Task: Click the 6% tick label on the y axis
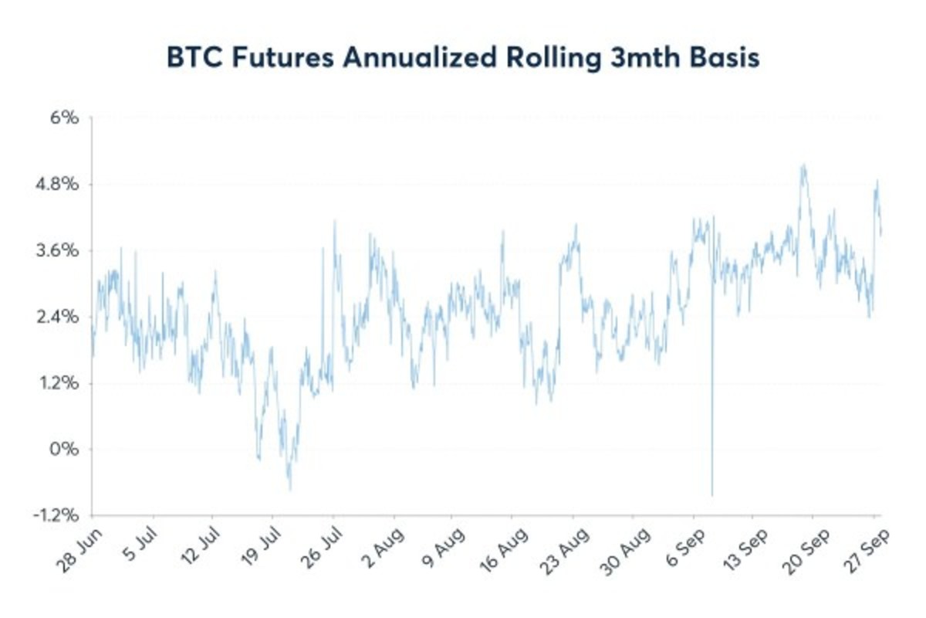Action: [x=65, y=118]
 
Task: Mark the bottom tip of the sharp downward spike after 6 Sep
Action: [x=712, y=495]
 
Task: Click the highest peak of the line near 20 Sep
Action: [x=803, y=165]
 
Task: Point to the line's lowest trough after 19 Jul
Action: [x=290, y=490]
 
